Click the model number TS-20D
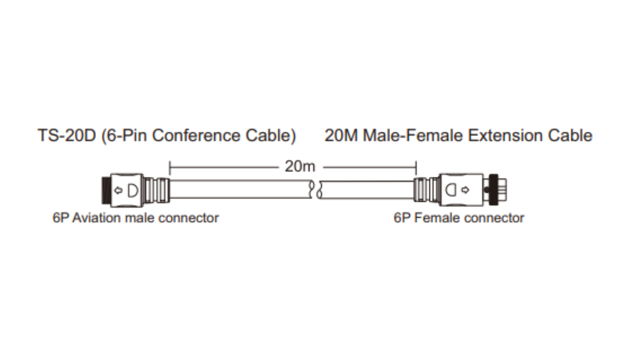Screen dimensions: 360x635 67,136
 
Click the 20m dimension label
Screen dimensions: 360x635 300,166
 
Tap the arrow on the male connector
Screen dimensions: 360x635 119,191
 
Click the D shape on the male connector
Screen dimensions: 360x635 133,191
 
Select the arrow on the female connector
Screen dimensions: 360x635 466,190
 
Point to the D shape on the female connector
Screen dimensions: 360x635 451,190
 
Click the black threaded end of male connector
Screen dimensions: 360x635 105,190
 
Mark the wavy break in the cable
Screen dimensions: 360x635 315,190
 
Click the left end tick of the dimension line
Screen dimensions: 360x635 170,168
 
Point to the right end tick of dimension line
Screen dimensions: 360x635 416,168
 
